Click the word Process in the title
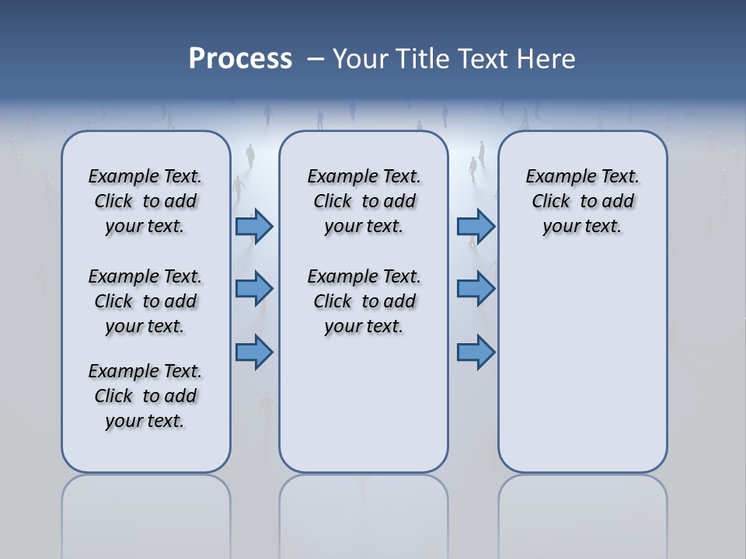coord(240,59)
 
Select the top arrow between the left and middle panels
coord(254,227)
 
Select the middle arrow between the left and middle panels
coord(254,289)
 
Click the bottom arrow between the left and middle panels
coord(254,352)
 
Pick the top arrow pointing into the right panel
coord(476,227)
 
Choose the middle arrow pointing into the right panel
coord(476,289)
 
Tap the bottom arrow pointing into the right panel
coord(476,352)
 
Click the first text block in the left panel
coord(145,201)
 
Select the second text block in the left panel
coord(145,301)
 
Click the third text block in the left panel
coord(145,396)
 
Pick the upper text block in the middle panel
coord(364,201)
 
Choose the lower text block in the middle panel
coord(364,301)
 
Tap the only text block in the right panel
coord(582,201)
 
